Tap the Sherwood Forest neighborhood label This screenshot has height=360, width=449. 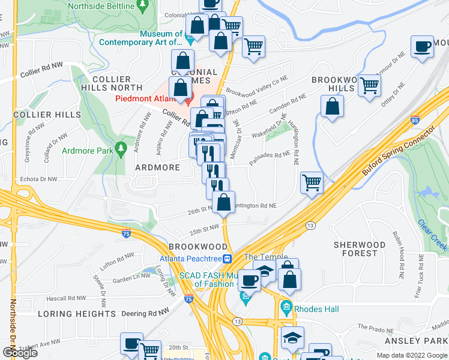tap(360, 249)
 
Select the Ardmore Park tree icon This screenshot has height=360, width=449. tap(121, 147)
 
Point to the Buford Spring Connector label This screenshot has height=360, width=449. tap(397, 150)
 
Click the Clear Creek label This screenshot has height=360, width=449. tap(432, 235)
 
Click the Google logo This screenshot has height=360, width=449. tap(20, 352)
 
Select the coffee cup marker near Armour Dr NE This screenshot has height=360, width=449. tap(423, 46)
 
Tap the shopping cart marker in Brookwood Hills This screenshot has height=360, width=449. tap(370, 85)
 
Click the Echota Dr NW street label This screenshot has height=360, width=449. tap(38, 179)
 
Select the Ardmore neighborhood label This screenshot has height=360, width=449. tap(157, 167)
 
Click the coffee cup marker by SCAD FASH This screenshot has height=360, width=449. tap(250, 280)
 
